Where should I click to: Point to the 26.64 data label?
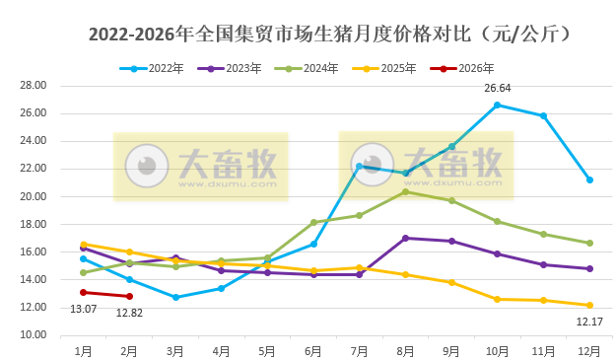pyautogui.click(x=498, y=89)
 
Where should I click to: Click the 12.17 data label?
pyautogui.click(x=589, y=322)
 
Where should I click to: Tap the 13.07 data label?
pyautogui.click(x=84, y=310)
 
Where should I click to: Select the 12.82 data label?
pyautogui.click(x=129, y=313)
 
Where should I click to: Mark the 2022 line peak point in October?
pyautogui.click(x=497, y=105)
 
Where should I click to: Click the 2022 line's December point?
pyautogui.click(x=589, y=180)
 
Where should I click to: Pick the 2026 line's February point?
pyautogui.click(x=129, y=296)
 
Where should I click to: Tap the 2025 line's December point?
pyautogui.click(x=589, y=305)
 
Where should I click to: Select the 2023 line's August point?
pyautogui.click(x=405, y=238)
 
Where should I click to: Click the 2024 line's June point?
pyautogui.click(x=313, y=222)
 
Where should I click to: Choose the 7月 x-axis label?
pyautogui.click(x=359, y=350)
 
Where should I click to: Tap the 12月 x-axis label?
pyautogui.click(x=588, y=350)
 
